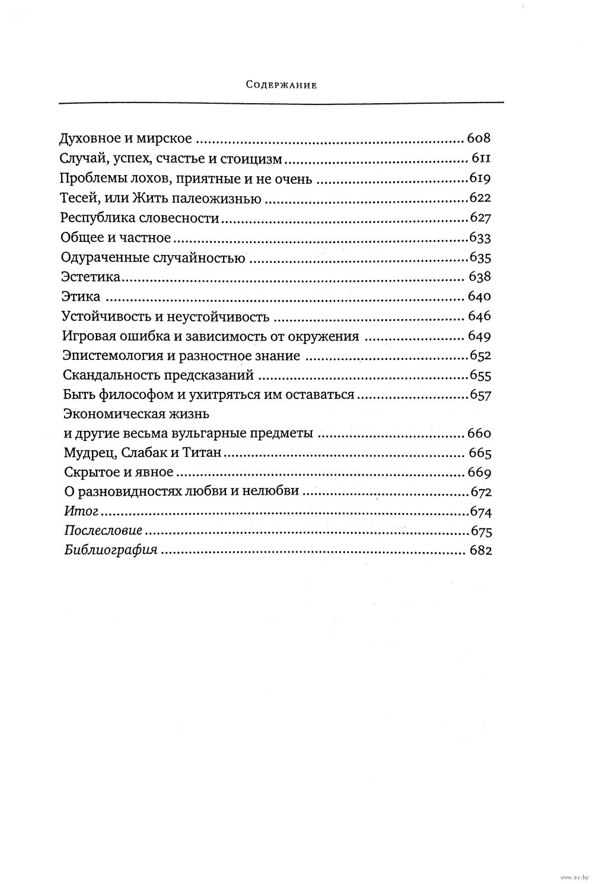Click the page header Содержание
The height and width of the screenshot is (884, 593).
(282, 85)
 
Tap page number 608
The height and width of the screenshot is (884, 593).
(480, 140)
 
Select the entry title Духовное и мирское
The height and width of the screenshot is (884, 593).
(126, 140)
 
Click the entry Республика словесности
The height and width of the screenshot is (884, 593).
(140, 218)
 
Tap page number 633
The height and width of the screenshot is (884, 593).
(481, 238)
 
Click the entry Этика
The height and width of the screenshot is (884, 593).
(81, 296)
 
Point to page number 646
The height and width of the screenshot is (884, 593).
(480, 316)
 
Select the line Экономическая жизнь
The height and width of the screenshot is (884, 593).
(136, 414)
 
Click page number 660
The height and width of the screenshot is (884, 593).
(480, 433)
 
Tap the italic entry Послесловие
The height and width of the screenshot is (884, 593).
(103, 531)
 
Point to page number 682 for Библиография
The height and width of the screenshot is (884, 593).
(480, 551)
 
